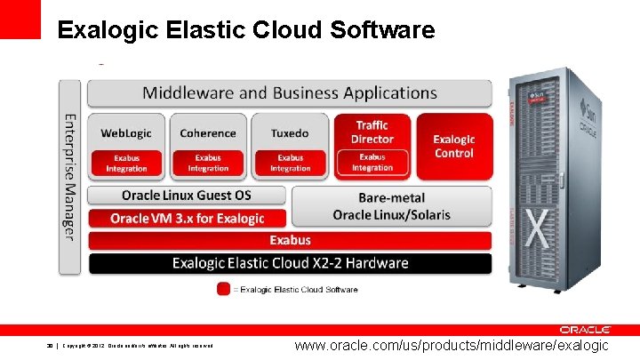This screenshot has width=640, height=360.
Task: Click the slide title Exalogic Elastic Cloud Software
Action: pyautogui.click(x=245, y=31)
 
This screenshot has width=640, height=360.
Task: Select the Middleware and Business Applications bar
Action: pyautogui.click(x=290, y=92)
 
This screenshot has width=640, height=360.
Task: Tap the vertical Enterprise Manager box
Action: pyautogui.click(x=70, y=176)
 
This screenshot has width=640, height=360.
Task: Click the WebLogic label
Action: pyautogui.click(x=126, y=133)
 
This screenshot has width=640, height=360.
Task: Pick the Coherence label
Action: pyautogui.click(x=208, y=133)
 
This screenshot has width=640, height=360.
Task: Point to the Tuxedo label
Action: pyautogui.click(x=290, y=133)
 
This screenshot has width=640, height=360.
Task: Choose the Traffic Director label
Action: pyautogui.click(x=372, y=132)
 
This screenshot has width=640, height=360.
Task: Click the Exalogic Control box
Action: pyautogui.click(x=453, y=147)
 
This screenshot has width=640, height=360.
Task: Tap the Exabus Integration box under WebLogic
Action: pyautogui.click(x=126, y=164)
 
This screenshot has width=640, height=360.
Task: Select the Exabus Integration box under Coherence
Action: pyautogui.click(x=208, y=164)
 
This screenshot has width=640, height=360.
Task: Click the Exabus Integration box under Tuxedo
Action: pyautogui.click(x=290, y=164)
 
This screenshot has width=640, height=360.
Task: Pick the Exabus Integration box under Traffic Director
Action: pyautogui.click(x=372, y=164)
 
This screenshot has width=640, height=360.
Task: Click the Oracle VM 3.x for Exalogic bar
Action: pyautogui.click(x=187, y=218)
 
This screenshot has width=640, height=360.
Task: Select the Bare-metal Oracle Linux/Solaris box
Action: pyautogui.click(x=391, y=206)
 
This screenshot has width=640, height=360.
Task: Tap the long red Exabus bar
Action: pyautogui.click(x=290, y=240)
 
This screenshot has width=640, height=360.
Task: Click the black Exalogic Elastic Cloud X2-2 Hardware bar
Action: pyautogui.click(x=290, y=263)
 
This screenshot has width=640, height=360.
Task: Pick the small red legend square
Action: pyautogui.click(x=223, y=289)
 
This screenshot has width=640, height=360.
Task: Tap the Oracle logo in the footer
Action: pyautogui.click(x=583, y=330)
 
